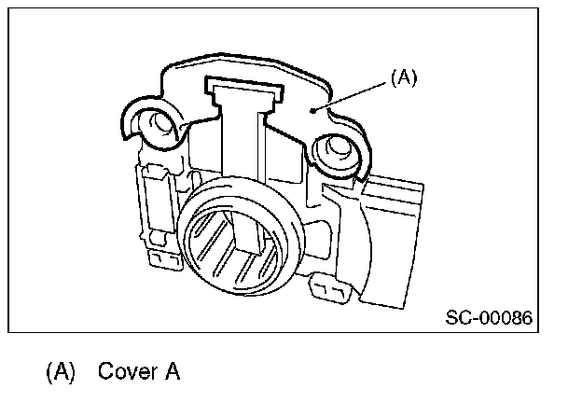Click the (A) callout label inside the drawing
pos(403,78)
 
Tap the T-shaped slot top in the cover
pos(245,90)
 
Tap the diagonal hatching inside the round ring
pos(220,244)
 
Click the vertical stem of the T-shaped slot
pos(245,140)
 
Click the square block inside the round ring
pos(250,231)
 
